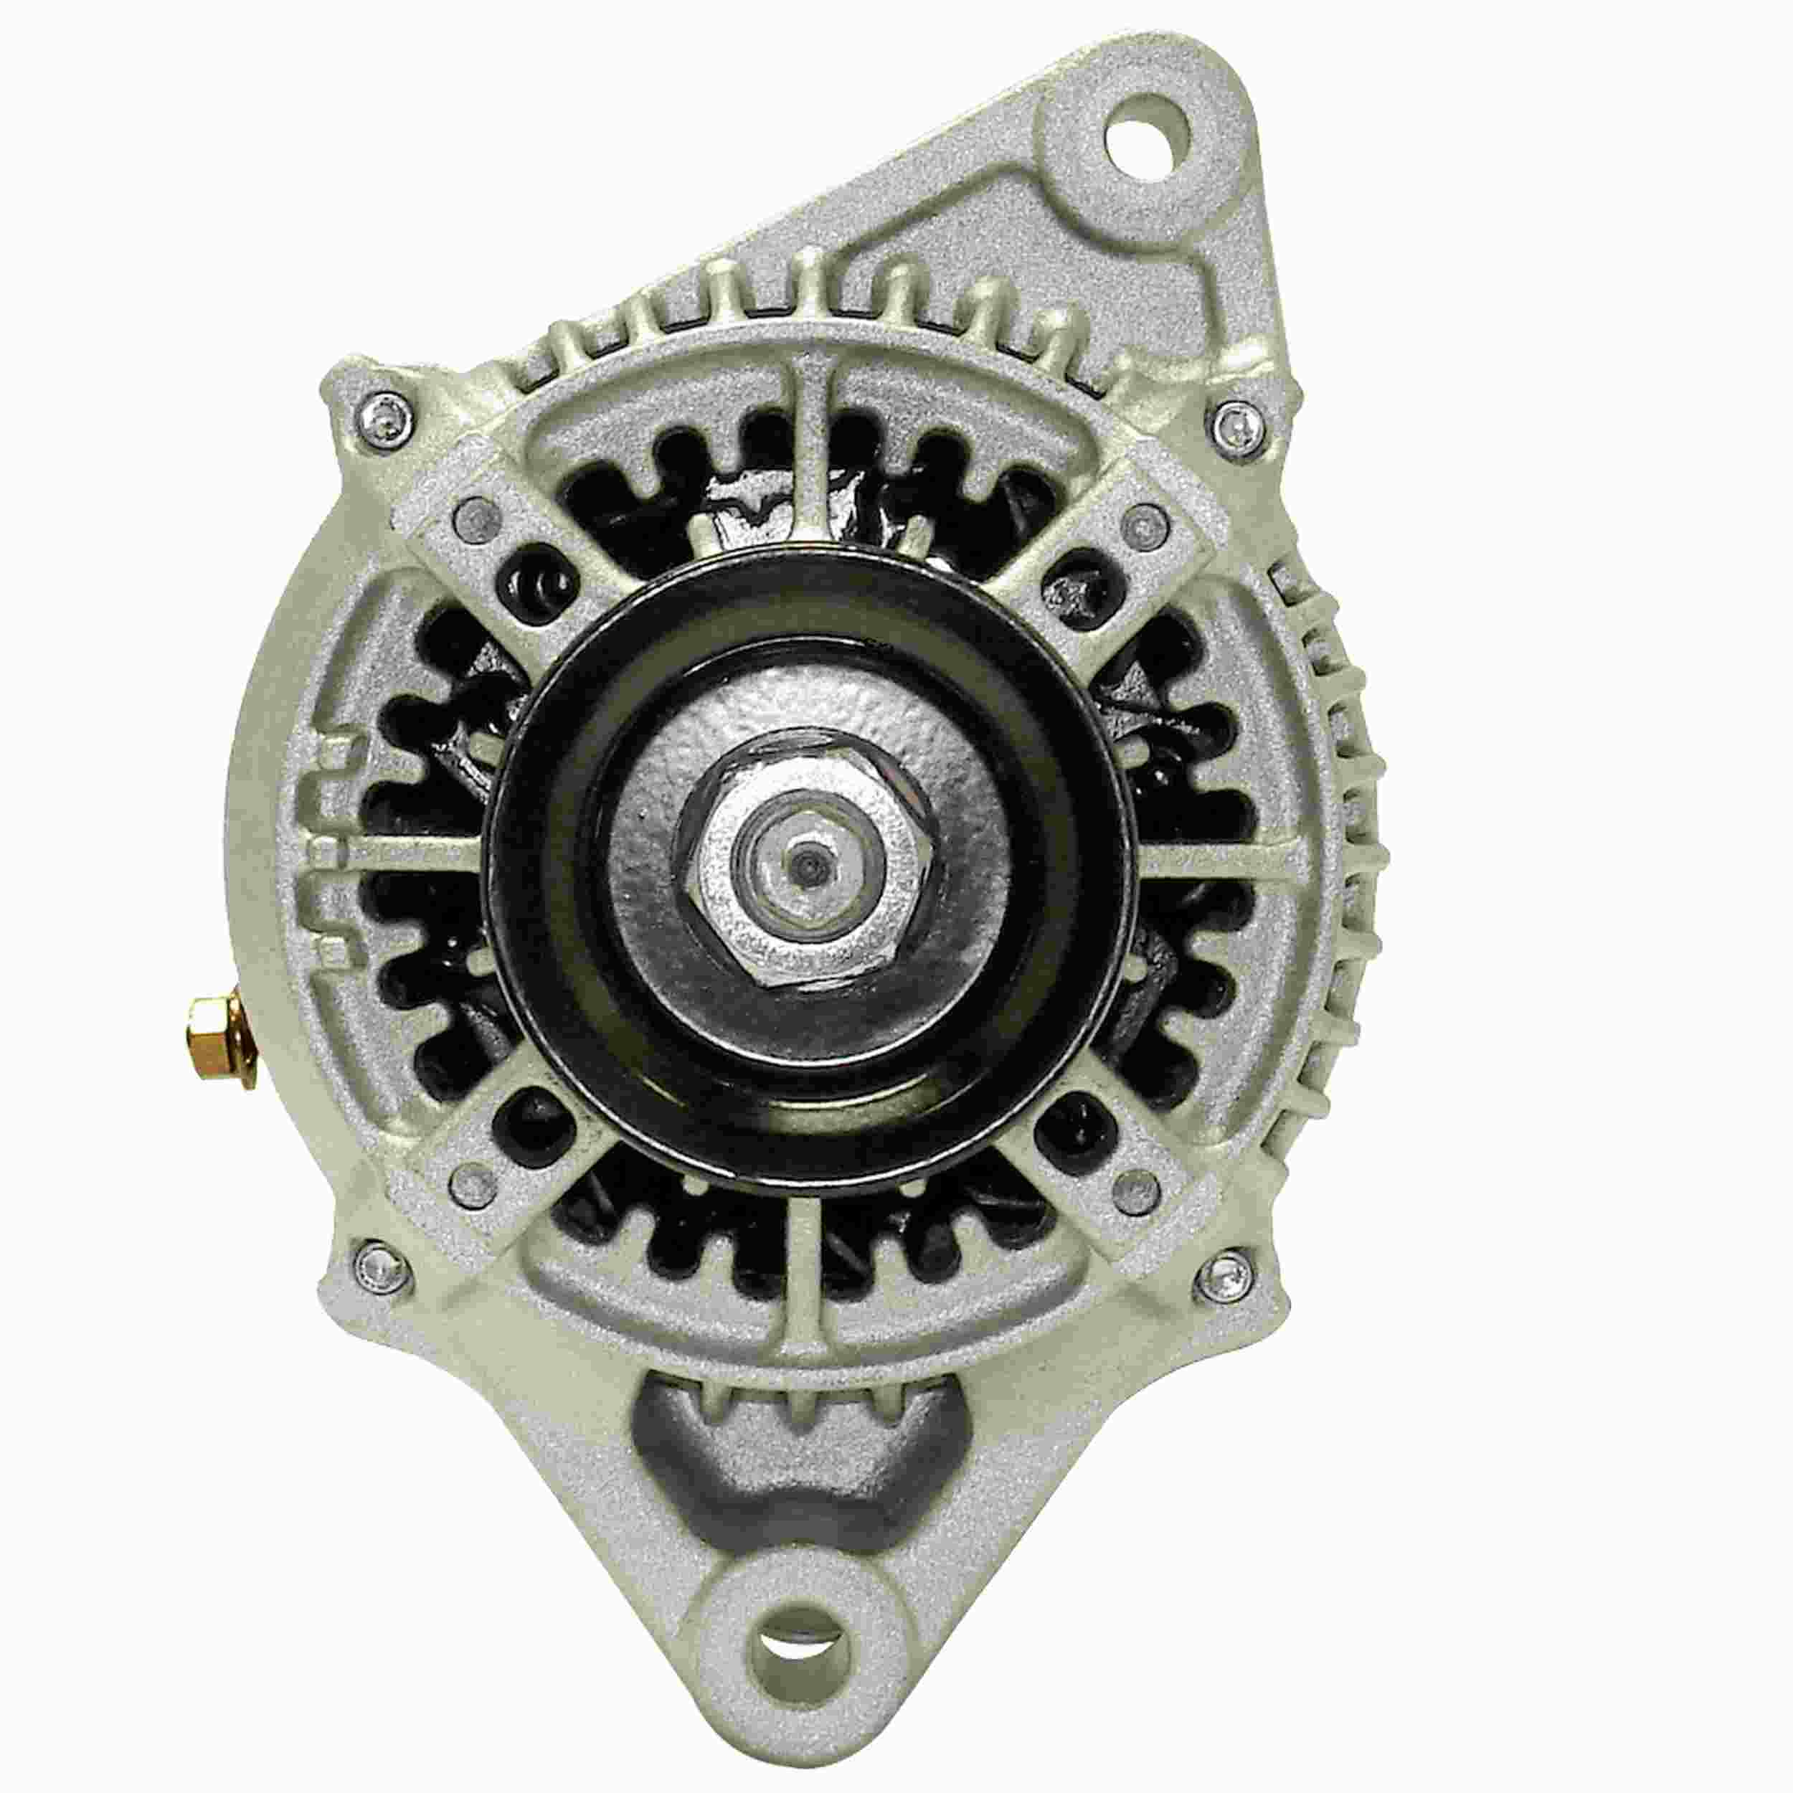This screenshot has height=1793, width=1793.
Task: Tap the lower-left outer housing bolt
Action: pyautogui.click(x=379, y=1260)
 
